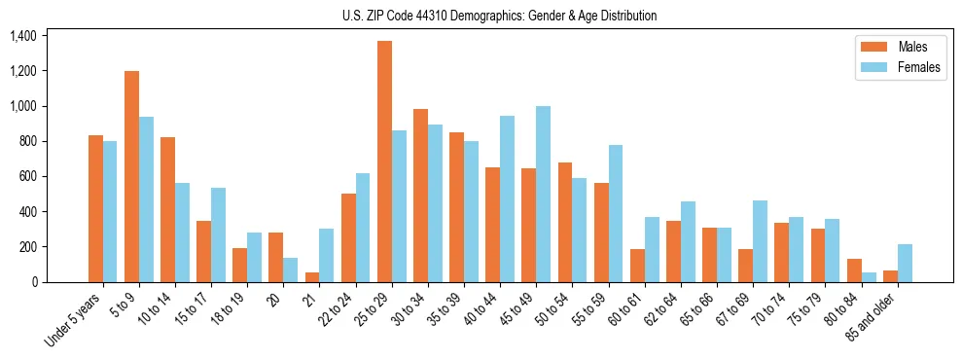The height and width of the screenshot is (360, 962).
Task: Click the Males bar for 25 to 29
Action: [384, 162]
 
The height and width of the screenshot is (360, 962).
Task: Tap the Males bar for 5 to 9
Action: [131, 176]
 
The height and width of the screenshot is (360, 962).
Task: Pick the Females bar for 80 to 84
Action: [869, 277]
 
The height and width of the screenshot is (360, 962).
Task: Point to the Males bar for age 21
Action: [312, 277]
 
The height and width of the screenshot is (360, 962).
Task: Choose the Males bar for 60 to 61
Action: [637, 266]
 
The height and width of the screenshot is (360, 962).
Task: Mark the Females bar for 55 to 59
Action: [616, 213]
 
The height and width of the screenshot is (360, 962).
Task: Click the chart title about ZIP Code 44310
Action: [499, 16]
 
